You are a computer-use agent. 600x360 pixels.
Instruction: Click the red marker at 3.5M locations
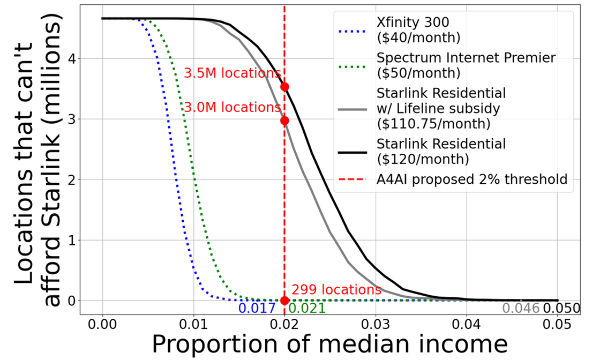click(x=284, y=87)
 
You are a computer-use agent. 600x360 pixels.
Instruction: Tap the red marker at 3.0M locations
click(x=284, y=121)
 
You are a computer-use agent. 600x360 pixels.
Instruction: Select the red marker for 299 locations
click(x=284, y=301)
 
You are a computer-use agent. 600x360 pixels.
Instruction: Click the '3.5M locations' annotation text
click(x=232, y=73)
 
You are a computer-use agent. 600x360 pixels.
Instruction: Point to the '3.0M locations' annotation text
click(x=232, y=107)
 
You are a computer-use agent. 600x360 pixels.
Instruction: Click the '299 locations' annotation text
click(x=336, y=290)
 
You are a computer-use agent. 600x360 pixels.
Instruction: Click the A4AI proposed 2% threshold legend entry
click(x=471, y=179)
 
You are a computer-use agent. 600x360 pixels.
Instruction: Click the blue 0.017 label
click(x=257, y=308)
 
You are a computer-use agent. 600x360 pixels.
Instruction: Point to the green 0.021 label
click(x=306, y=308)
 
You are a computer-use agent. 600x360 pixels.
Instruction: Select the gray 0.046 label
click(x=520, y=308)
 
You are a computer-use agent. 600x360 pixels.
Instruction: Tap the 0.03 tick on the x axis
click(x=376, y=325)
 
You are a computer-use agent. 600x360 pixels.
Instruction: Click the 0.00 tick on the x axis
click(x=102, y=325)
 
